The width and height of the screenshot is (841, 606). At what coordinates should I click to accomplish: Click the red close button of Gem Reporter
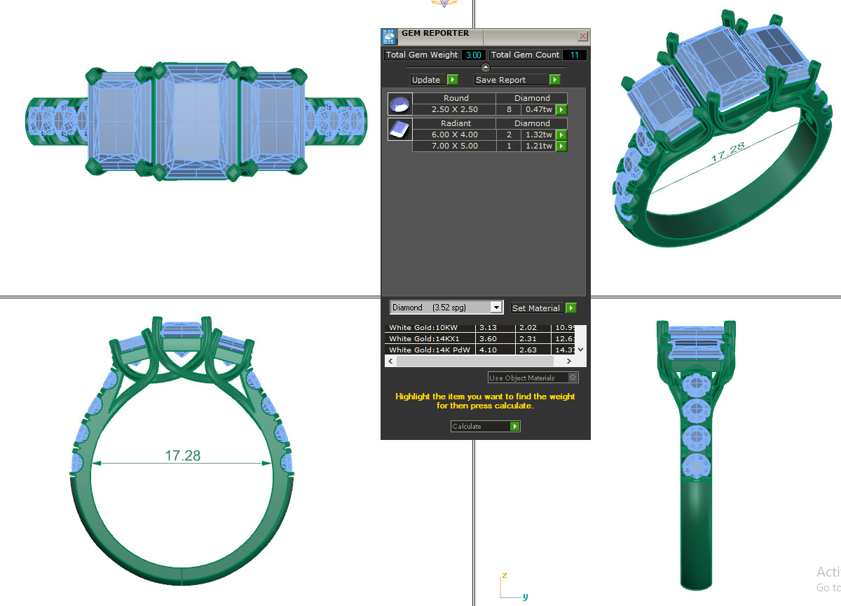point(582,36)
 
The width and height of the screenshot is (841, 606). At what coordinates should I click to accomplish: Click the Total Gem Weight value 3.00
point(473,55)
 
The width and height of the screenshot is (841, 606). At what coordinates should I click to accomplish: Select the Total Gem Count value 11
point(574,55)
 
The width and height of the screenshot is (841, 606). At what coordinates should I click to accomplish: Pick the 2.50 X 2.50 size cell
point(455,109)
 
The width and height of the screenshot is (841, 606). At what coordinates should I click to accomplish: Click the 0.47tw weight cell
point(538,109)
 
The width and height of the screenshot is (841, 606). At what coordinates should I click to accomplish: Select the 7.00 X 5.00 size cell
point(455,146)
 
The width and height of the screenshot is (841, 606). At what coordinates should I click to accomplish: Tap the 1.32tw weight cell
point(538,135)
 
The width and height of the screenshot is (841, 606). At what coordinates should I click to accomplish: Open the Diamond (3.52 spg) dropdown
point(496,308)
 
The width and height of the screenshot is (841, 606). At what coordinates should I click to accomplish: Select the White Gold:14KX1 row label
point(429,338)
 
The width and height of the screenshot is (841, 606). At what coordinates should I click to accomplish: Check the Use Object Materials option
point(573,378)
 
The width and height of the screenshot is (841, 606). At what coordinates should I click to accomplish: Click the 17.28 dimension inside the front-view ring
point(182,455)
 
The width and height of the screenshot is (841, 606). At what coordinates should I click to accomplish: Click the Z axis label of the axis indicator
point(503,576)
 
